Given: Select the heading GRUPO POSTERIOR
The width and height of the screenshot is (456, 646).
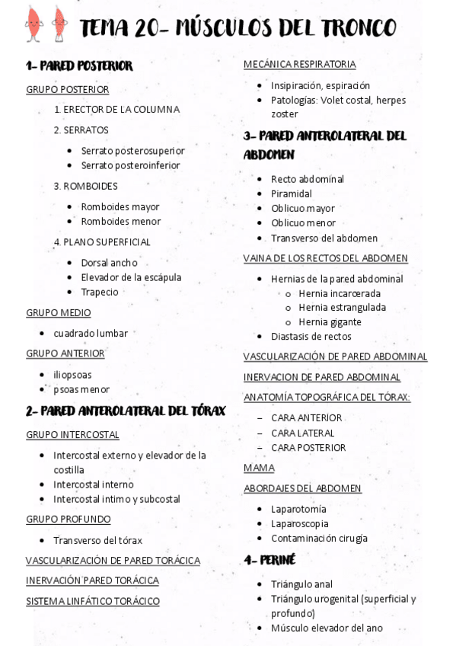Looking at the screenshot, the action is (x=67, y=89).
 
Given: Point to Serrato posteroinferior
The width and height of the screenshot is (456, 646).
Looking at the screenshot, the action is (x=130, y=165).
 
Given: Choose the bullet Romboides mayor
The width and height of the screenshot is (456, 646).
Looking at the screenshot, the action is (x=120, y=207).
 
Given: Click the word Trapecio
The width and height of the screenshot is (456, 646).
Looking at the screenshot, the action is (x=100, y=292).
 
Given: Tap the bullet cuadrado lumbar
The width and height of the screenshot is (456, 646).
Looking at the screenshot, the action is (x=91, y=333).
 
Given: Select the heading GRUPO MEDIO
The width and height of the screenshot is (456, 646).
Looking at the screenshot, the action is (x=58, y=312).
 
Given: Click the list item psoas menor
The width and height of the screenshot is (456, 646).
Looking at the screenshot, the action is (x=81, y=389).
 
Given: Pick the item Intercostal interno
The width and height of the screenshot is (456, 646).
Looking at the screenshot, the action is (x=93, y=484).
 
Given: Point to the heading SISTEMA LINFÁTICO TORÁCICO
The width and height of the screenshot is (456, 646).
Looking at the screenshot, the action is (x=93, y=601).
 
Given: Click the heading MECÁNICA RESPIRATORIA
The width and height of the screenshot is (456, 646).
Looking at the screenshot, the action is (x=299, y=64).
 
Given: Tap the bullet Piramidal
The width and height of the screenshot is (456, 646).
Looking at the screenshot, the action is (x=292, y=193).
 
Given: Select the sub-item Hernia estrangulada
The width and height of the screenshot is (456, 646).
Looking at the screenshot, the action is (x=342, y=308).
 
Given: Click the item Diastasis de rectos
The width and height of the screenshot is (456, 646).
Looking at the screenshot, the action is (x=311, y=336).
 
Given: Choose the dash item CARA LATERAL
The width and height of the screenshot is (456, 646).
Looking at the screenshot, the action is (x=302, y=433).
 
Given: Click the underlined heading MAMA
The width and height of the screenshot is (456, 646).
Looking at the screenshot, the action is (x=259, y=468).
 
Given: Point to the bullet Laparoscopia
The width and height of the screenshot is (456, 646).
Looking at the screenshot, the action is (x=299, y=523).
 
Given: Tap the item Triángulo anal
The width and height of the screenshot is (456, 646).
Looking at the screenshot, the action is (x=301, y=584).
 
